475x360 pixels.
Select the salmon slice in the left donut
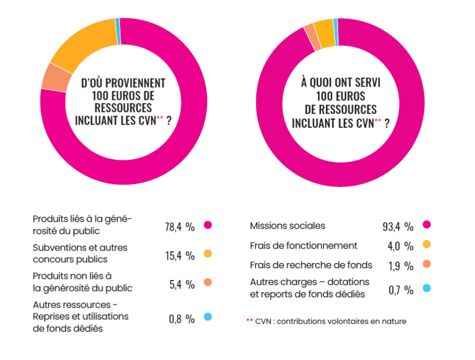51,77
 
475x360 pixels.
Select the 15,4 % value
180,256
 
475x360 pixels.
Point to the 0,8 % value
182,319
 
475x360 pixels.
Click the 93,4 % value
398,226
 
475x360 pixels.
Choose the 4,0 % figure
400,246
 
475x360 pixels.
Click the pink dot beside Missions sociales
426,225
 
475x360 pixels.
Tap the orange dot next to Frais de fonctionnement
426,244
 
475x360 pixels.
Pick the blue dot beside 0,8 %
207,317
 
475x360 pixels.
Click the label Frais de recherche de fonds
311,265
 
